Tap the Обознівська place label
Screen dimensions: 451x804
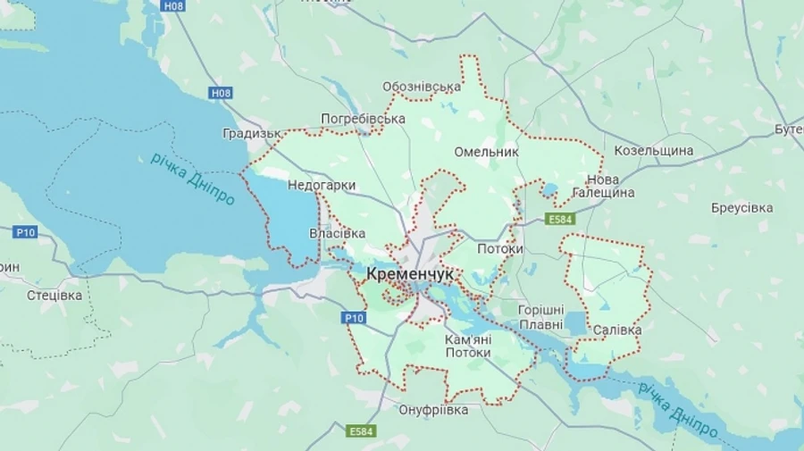(421, 87)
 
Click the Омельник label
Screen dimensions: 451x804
(486, 152)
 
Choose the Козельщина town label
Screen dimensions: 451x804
(653, 150)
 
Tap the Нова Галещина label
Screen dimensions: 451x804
(610, 186)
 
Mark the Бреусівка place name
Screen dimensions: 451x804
(741, 207)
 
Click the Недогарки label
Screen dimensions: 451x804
(322, 186)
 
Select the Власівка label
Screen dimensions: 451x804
(337, 234)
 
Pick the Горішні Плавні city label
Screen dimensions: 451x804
(540, 316)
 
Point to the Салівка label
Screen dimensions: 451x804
(617, 330)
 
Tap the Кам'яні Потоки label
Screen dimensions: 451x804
(467, 346)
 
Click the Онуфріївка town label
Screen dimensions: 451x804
(432, 410)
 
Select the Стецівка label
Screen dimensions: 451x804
(54, 295)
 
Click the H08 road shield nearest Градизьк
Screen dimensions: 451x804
(221, 93)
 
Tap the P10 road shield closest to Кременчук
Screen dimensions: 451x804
(354, 317)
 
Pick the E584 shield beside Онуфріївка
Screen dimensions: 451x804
(362, 431)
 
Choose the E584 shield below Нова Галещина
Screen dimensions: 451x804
(560, 219)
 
